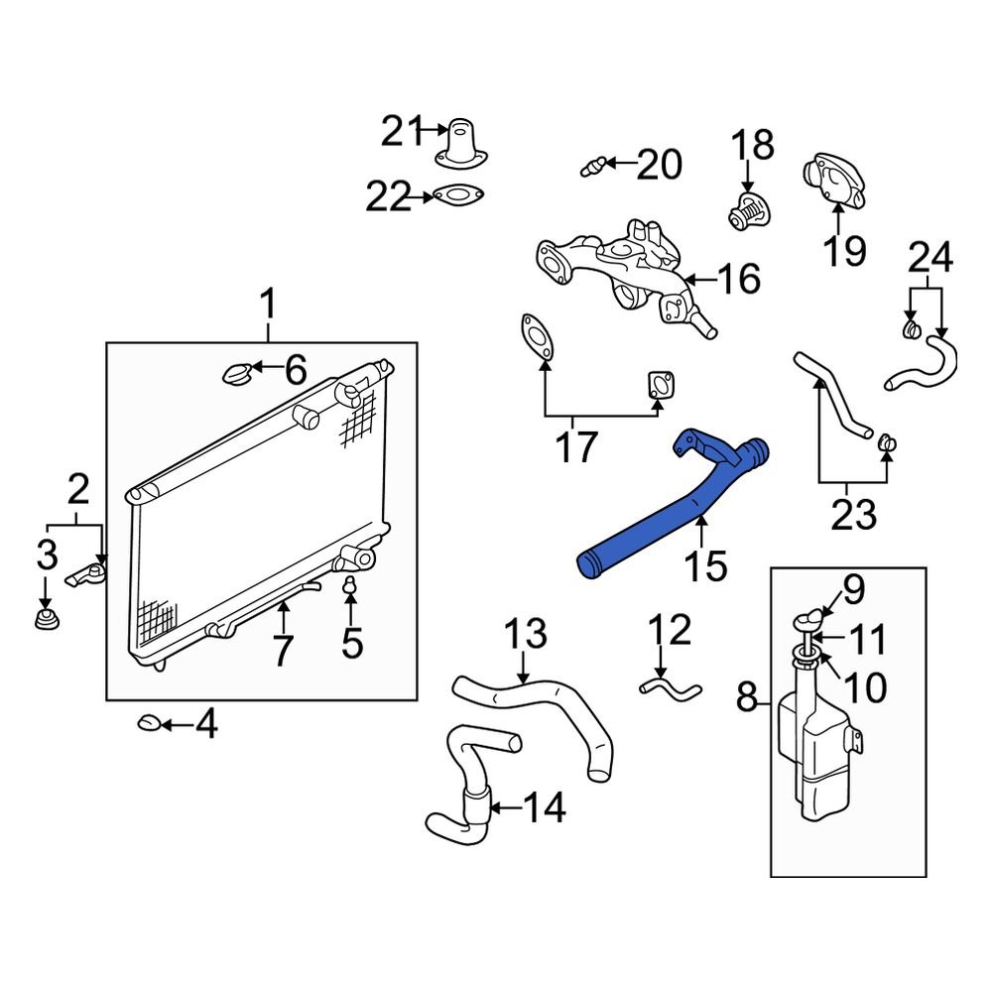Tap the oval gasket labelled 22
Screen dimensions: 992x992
[457, 196]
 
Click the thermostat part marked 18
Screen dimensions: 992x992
[747, 210]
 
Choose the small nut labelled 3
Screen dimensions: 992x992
[44, 623]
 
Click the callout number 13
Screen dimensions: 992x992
[525, 634]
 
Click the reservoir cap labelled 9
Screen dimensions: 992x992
[807, 619]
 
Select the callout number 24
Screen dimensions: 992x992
[931, 257]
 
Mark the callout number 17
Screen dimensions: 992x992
[575, 447]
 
